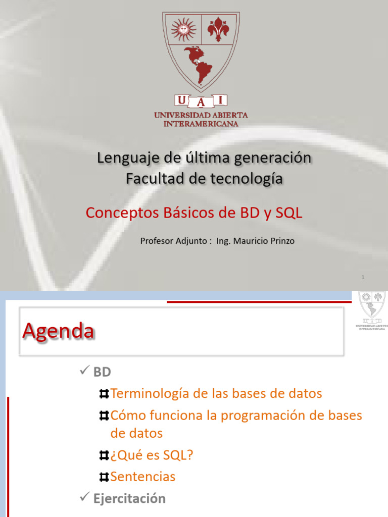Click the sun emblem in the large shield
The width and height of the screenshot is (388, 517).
click(x=182, y=29)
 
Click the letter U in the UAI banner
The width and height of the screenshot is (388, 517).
click(x=181, y=100)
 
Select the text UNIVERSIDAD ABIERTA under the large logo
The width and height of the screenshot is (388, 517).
click(x=201, y=116)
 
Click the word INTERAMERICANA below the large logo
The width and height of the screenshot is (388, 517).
click(x=201, y=124)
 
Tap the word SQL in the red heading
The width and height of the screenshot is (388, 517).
click(x=289, y=213)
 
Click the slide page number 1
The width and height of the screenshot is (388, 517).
click(x=363, y=277)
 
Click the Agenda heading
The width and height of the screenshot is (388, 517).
click(x=58, y=332)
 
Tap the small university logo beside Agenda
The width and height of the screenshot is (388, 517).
click(x=372, y=309)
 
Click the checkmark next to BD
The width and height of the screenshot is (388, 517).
click(x=84, y=372)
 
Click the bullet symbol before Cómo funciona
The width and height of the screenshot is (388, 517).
click(x=104, y=416)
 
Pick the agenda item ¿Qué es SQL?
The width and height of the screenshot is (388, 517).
click(x=152, y=455)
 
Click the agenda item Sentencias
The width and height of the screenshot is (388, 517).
click(x=143, y=477)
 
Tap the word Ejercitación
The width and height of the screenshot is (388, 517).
click(x=129, y=498)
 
